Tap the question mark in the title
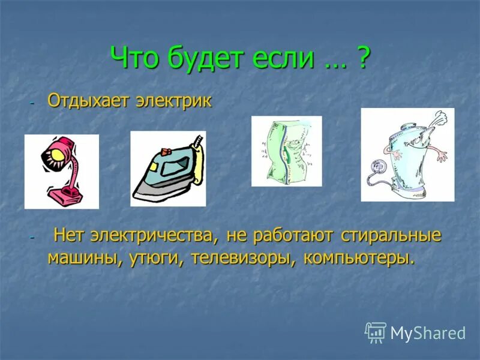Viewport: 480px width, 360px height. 362,58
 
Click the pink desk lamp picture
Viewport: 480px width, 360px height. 61,172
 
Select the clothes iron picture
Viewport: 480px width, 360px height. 167,169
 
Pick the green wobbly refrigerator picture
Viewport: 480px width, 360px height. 286,151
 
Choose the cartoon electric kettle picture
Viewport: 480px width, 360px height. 407,155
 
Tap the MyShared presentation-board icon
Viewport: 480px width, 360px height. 376,332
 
